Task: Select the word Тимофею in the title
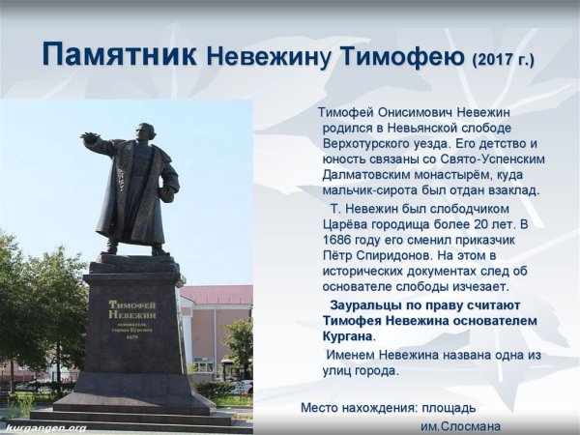pos(401,57)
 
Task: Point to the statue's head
pos(145,132)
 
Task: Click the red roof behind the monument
pos(217,294)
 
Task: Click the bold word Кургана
pos(347,335)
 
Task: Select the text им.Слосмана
pos(460,425)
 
